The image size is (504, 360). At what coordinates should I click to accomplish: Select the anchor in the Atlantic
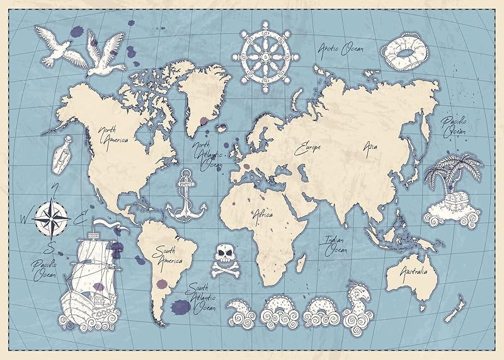[x=186, y=194]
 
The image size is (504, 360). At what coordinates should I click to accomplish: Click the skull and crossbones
[x=224, y=260]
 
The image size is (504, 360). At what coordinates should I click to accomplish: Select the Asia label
[x=370, y=146]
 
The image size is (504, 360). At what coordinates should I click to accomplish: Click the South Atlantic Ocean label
[x=202, y=297]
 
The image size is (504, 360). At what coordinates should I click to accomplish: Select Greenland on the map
[x=203, y=95]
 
